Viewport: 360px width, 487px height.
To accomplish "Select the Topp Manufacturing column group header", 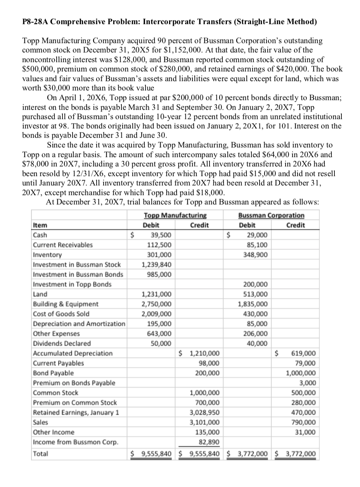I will click(x=175, y=215).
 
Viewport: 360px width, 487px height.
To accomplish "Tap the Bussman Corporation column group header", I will click(x=271, y=215).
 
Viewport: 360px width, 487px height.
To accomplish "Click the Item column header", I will click(x=39, y=225).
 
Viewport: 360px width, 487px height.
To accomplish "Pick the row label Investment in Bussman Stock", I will click(x=77, y=264).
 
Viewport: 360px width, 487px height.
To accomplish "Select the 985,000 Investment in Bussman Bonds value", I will click(x=163, y=274).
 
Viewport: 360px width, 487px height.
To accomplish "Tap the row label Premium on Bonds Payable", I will click(x=74, y=383).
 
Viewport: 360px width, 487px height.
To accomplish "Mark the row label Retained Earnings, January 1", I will click(x=76, y=413).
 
